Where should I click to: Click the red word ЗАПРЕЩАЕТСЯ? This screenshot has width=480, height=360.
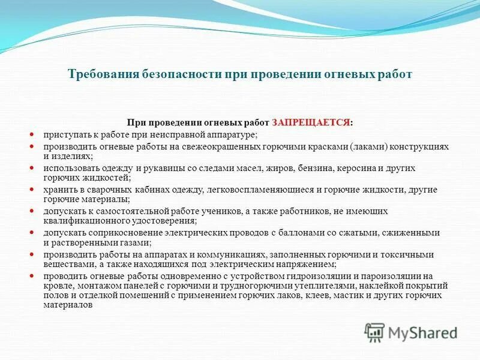click(x=311, y=122)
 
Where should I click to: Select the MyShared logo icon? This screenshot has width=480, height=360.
click(x=375, y=332)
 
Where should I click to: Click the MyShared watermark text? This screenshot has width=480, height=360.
click(x=422, y=332)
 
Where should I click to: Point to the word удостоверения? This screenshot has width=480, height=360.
click(x=158, y=220)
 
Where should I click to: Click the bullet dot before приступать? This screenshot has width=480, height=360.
click(x=32, y=134)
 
